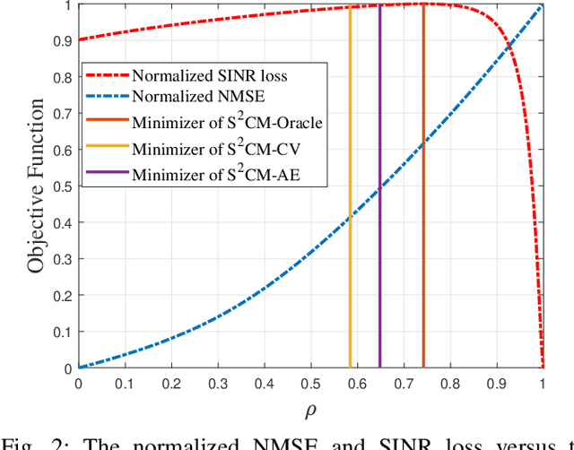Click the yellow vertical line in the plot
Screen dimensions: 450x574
[350, 269]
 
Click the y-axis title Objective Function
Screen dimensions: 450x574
[35, 186]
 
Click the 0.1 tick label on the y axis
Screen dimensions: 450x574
[60, 332]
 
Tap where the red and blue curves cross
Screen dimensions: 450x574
[509, 47]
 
